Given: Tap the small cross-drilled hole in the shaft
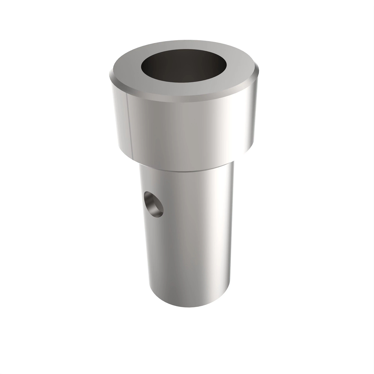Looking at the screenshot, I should (153, 205).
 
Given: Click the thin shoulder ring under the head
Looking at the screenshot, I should (187, 168).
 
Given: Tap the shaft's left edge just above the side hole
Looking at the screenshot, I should (141, 187).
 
